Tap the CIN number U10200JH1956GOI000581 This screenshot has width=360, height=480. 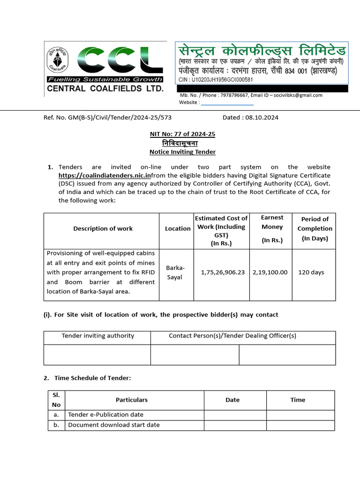click(216, 80)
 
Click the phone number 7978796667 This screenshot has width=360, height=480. click(235, 95)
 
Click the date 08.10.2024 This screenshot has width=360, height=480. click(263, 117)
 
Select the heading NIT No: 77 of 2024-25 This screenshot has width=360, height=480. click(182, 134)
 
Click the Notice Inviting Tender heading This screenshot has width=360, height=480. click(182, 152)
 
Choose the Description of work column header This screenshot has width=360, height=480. click(103, 229)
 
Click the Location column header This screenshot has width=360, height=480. click(178, 229)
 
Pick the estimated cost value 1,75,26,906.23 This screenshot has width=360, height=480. click(223, 272)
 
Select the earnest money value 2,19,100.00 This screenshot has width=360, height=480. click(270, 272)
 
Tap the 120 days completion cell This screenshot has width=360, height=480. click(311, 272)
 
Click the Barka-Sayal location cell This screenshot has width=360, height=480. click(176, 272)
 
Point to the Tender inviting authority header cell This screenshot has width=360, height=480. click(98, 336)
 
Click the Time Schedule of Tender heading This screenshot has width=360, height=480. click(93, 378)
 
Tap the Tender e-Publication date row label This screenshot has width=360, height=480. click(106, 415)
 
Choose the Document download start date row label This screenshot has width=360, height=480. click(114, 425)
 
